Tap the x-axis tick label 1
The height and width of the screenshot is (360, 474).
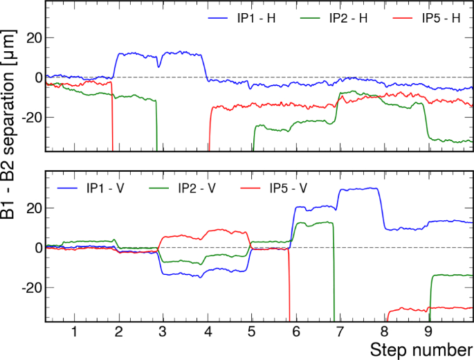(x=74, y=331)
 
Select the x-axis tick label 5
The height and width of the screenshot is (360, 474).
(x=252, y=331)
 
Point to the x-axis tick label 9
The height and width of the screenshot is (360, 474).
(x=429, y=331)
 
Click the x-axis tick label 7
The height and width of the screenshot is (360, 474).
(x=340, y=331)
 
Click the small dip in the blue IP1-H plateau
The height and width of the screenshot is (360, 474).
(x=159, y=66)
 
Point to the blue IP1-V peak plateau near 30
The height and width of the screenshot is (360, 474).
(x=360, y=189)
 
